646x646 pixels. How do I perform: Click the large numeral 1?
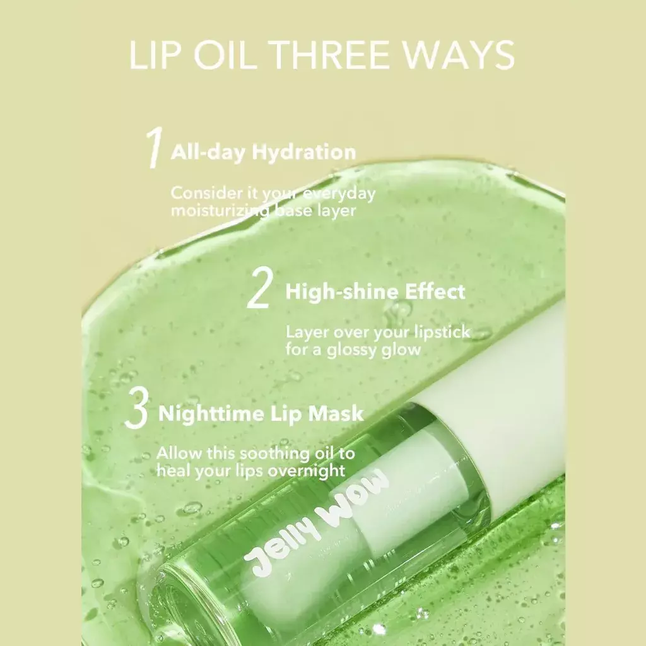point(154,149)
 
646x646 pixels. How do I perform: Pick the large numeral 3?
point(136,411)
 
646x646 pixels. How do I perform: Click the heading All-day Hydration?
point(263,152)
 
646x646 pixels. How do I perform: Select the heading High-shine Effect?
point(375,291)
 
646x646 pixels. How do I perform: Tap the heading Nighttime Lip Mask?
point(261,413)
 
